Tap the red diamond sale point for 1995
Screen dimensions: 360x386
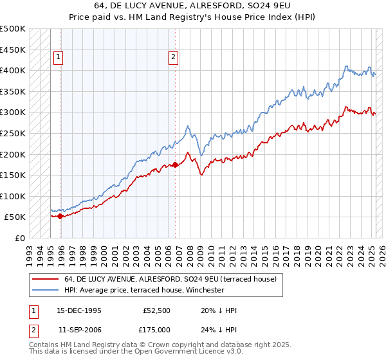[60, 216]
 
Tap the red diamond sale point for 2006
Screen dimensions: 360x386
[176, 165]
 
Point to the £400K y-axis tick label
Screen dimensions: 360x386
[12, 70]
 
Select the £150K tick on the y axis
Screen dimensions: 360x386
[12, 175]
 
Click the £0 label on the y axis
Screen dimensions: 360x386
[19, 238]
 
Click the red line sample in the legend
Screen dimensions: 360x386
[45, 279]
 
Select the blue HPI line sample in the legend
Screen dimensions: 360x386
[45, 290]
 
